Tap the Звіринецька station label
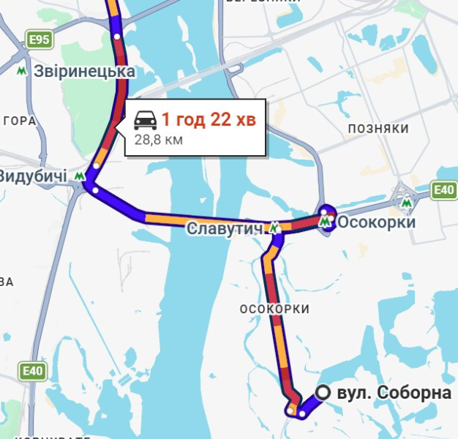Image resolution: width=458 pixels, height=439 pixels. (85, 72)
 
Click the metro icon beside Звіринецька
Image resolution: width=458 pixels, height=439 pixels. (23, 71)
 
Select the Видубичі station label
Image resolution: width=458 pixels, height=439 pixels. (33, 176)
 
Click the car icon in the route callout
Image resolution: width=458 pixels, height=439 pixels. (145, 120)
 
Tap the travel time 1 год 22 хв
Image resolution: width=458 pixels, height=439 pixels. (209, 119)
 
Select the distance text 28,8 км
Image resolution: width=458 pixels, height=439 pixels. (158, 138)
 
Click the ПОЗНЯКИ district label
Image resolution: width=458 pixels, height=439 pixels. (378, 129)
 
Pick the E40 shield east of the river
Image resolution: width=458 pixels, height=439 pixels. (443, 191)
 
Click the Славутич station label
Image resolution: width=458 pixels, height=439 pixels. (224, 228)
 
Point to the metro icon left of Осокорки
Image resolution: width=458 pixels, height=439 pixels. (326, 219)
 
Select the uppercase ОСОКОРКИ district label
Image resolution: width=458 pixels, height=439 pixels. (274, 309)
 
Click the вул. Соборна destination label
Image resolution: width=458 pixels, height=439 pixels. (394, 394)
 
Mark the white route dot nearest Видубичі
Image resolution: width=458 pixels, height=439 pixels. (96, 190)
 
